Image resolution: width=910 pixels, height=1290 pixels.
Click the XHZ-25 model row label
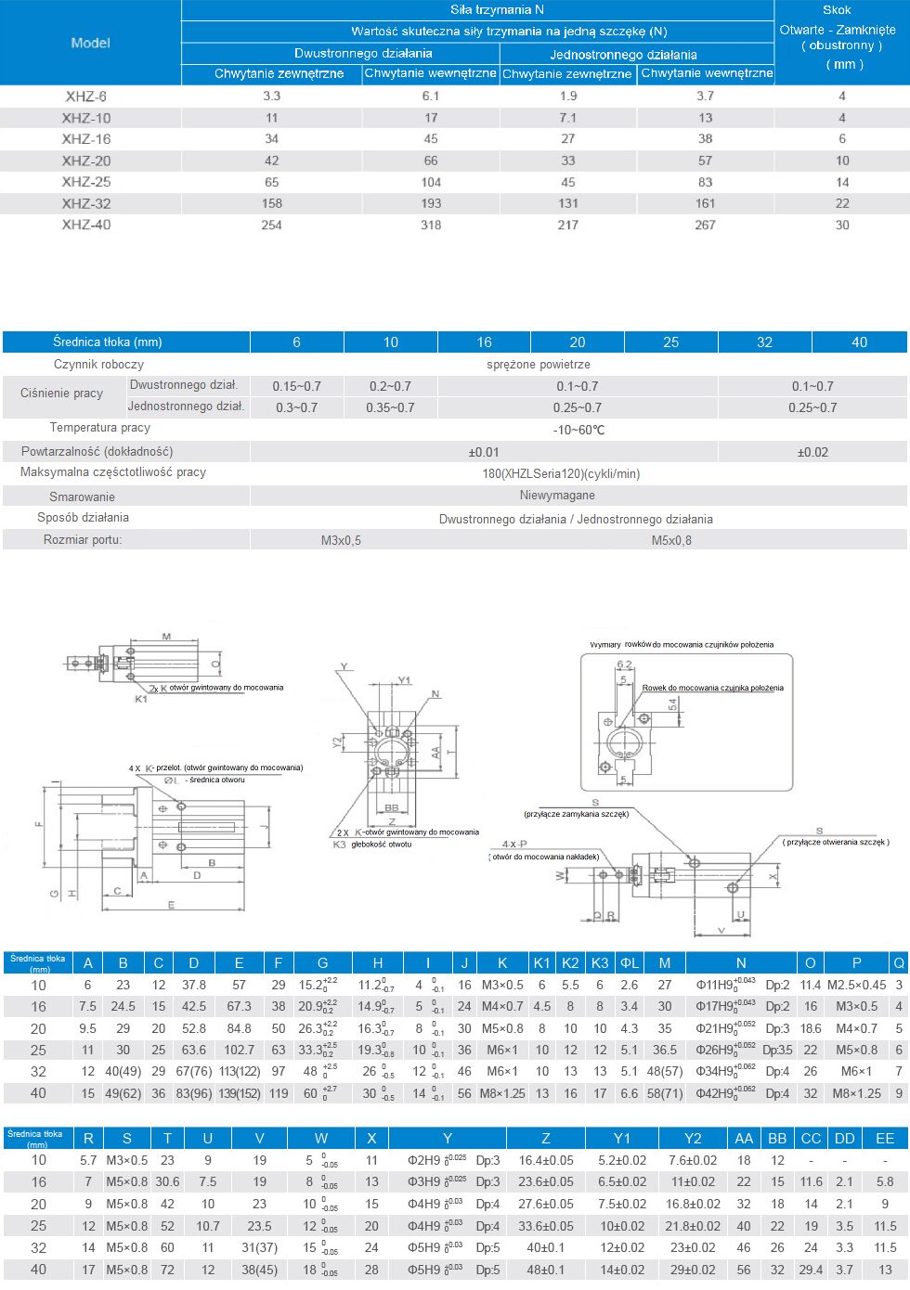[x=86, y=182]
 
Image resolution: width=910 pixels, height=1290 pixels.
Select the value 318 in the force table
[x=431, y=225]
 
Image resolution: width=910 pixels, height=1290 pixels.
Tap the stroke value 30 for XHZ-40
[x=842, y=225]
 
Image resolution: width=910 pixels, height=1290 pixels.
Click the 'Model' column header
[x=90, y=43]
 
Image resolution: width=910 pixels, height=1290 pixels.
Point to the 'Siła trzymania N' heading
[x=497, y=9]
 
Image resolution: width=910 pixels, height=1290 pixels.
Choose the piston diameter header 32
[x=764, y=342]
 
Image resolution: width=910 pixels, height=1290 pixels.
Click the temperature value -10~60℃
[x=578, y=430]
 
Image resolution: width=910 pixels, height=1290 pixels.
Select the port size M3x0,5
[x=341, y=540]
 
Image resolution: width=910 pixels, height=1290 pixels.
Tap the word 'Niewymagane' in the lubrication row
[x=557, y=496]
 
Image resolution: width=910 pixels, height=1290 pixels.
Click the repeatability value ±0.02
[x=812, y=452]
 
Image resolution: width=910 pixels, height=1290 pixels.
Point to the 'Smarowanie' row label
[x=82, y=497]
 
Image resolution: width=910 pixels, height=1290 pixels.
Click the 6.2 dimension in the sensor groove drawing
[x=624, y=664]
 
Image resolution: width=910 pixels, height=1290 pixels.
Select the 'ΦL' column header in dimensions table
[x=630, y=963]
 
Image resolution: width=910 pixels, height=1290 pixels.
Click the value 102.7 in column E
[x=239, y=1050]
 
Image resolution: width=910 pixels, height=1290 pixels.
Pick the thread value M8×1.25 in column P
[x=856, y=1093]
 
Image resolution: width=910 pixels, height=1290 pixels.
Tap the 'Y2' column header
[x=693, y=1139]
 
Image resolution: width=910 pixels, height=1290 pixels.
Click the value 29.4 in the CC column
[x=811, y=1270]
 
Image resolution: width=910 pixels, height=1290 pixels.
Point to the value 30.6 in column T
[x=167, y=1181]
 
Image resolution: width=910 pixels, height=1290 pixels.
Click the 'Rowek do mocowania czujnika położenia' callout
[x=712, y=688]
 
